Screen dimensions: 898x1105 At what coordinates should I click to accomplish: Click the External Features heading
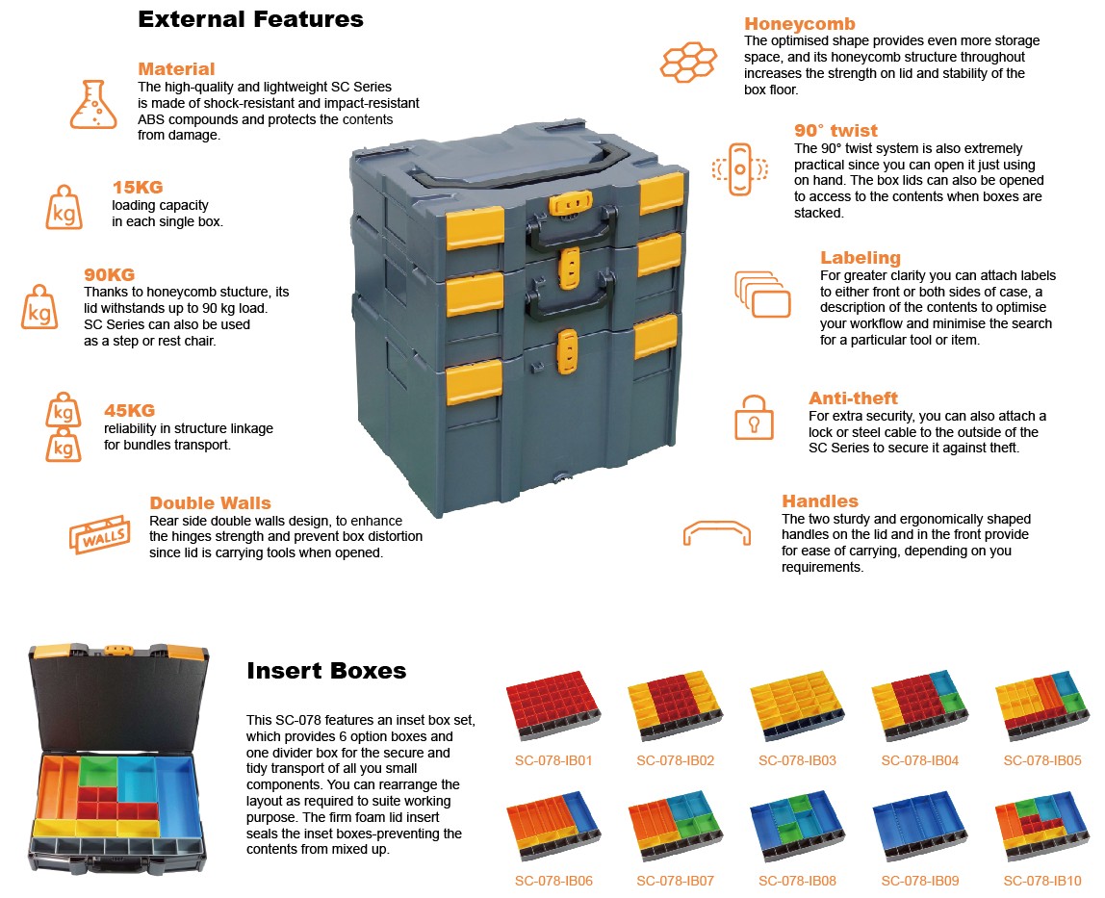tap(250, 18)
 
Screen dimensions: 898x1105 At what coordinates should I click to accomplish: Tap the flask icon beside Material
tap(92, 105)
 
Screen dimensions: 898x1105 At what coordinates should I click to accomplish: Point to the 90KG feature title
tap(110, 274)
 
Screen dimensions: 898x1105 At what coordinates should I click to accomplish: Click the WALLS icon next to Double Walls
tap(100, 534)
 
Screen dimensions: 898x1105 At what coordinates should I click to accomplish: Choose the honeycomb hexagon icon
tap(688, 61)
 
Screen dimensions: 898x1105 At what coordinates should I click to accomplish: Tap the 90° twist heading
tap(835, 131)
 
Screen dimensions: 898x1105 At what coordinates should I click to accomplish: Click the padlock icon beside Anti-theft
tap(754, 416)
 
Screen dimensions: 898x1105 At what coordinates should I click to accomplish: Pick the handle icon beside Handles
tap(716, 532)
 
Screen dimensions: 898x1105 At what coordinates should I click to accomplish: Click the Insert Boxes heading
tap(326, 671)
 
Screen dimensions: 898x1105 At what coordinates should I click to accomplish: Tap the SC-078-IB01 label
tap(552, 760)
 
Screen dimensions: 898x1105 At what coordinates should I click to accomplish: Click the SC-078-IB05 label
tap(1042, 760)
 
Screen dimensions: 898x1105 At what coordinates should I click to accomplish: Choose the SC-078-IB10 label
tap(1042, 881)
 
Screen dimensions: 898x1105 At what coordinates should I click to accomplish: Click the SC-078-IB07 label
tap(675, 881)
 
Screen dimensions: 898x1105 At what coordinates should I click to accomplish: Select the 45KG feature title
tap(130, 411)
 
